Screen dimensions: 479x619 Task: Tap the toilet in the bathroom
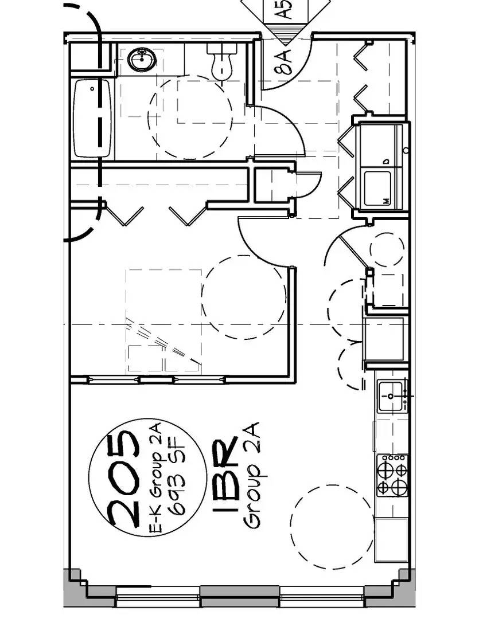222,60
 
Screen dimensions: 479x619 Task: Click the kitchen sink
391,396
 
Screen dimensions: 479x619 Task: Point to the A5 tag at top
285,9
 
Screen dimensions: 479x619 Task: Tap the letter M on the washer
387,201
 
